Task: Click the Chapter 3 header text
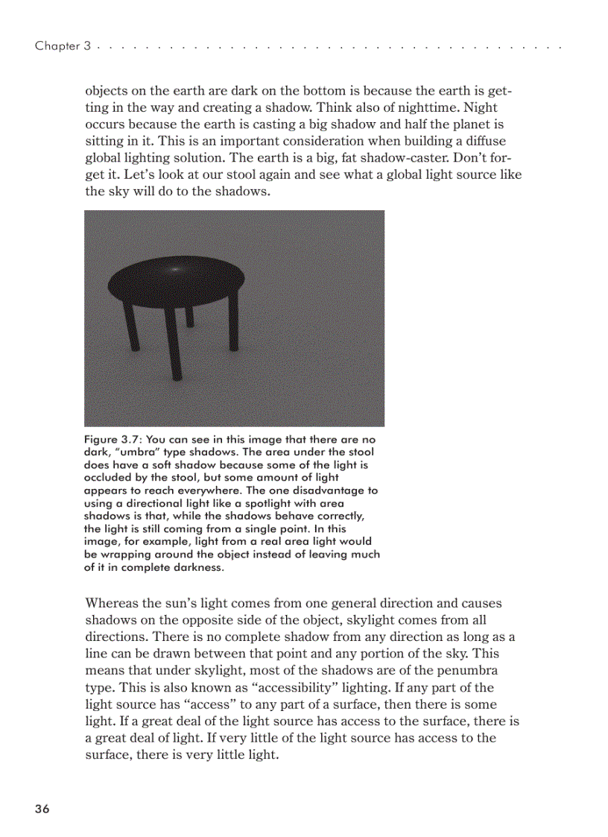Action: click(63, 46)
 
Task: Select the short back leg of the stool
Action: click(189, 317)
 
